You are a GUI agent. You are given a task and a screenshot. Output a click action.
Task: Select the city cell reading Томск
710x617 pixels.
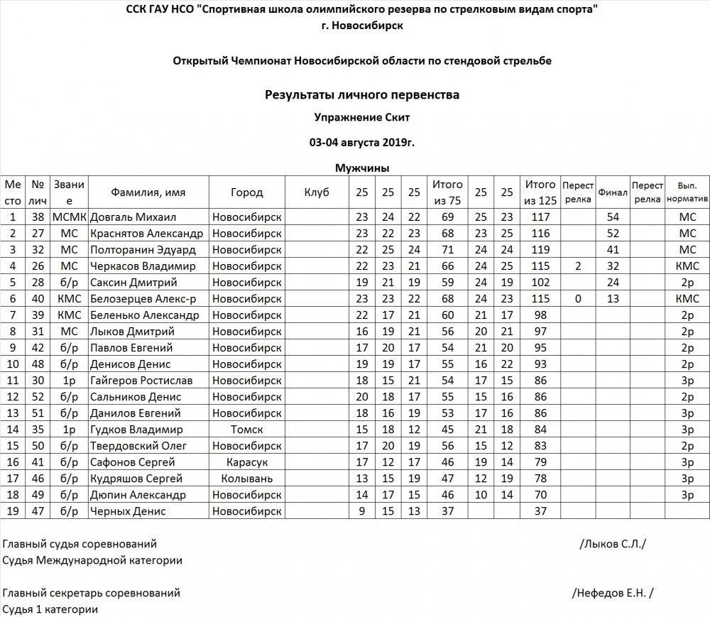tap(246, 430)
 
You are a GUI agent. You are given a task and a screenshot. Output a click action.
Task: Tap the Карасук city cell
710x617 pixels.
tap(246, 462)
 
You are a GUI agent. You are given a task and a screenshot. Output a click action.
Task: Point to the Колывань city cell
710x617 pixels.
tap(246, 479)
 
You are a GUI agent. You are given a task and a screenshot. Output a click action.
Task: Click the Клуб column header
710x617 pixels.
tap(316, 192)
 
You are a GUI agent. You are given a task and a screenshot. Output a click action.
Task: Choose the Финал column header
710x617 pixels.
tap(613, 192)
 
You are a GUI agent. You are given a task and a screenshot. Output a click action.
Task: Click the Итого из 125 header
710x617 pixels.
tap(540, 192)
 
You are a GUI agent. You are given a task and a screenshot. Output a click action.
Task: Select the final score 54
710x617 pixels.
tap(613, 217)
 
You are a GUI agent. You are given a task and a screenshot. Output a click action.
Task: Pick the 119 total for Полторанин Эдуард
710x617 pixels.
tap(540, 249)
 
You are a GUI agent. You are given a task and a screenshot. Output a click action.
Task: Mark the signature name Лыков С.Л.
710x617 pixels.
tap(613, 545)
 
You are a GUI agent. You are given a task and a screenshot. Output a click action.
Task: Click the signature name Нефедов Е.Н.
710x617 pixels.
tap(612, 593)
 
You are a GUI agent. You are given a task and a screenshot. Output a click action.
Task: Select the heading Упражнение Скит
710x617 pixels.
tap(361, 118)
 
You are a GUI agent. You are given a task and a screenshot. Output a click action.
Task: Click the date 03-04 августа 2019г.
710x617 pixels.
tap(361, 142)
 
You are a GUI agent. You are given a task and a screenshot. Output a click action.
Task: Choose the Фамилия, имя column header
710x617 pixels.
tap(148, 192)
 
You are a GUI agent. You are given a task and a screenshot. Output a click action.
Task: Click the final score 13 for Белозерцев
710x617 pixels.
tap(613, 299)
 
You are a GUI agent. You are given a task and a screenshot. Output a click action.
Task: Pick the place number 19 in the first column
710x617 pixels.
tap(13, 511)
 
